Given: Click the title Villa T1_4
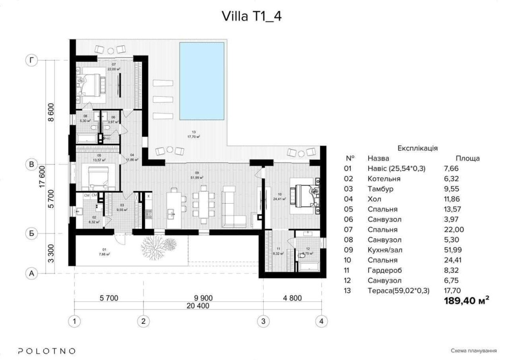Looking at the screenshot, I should tap(251, 16).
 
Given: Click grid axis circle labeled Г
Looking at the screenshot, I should tap(32, 61).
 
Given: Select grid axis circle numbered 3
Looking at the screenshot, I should tap(263, 321).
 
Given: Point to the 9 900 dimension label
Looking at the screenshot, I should tap(202, 297).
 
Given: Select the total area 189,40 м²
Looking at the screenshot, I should tap(466, 301).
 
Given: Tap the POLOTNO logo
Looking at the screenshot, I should tap(47, 351).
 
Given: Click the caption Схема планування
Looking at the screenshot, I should tap(473, 351).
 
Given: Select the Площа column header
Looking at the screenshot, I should tap(467, 158).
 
